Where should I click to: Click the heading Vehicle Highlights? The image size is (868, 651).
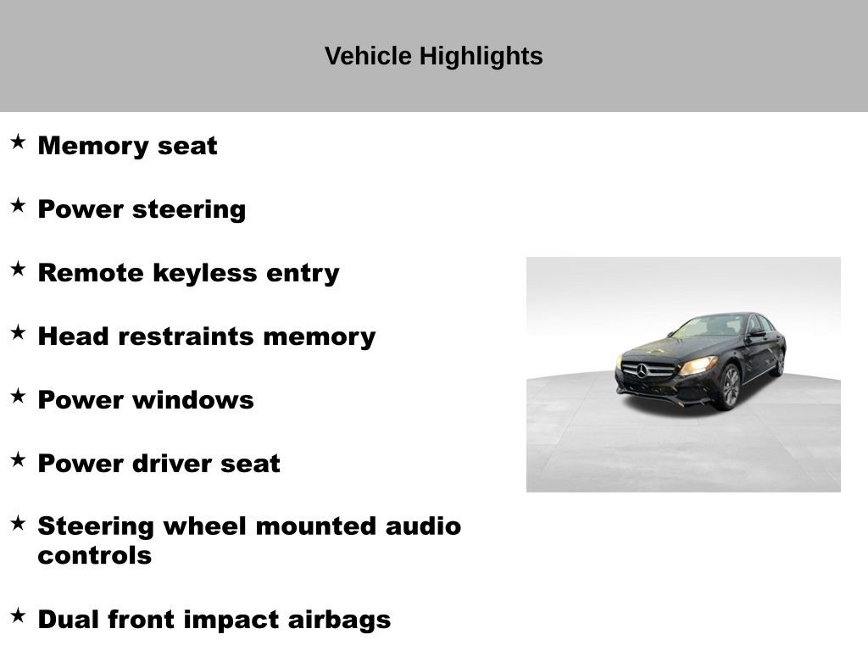433,57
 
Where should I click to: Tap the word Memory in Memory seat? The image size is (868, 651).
93,146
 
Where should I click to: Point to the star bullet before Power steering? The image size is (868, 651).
18,205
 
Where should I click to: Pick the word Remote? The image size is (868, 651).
92,273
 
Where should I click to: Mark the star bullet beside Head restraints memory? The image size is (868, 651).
18,332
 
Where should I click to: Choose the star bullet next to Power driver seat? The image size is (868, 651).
18,459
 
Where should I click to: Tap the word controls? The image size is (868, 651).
95,556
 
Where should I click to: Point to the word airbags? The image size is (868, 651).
343,620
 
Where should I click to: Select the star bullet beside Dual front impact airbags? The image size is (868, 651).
18,615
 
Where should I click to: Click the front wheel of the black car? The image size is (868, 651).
729,387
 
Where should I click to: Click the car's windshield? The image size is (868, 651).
708,326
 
